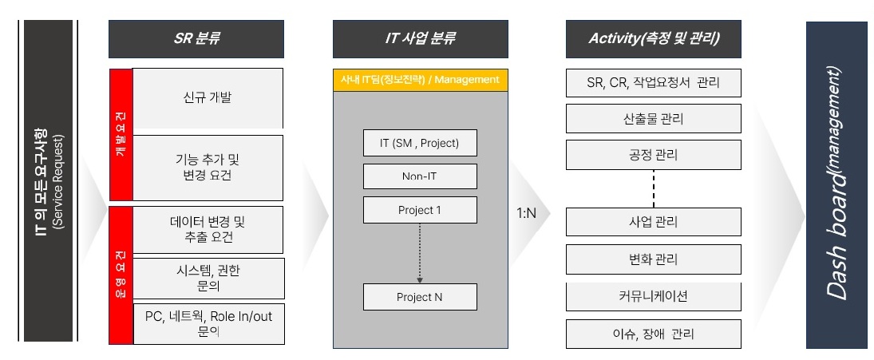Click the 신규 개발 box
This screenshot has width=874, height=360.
208,98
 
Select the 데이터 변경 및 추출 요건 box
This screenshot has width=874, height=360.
208,229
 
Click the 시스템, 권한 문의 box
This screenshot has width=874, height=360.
208,278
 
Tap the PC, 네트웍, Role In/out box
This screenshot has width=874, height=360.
208,323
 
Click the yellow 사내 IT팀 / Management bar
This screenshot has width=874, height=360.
420,80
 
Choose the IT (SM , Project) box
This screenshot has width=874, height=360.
420,143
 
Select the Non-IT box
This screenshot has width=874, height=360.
420,176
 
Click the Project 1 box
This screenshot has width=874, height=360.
420,210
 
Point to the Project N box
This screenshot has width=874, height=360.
420,297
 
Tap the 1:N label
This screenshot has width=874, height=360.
527,214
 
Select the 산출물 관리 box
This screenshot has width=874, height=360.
654,119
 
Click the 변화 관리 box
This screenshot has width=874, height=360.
654,260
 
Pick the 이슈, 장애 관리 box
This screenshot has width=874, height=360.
654,334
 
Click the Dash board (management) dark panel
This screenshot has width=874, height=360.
836,185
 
